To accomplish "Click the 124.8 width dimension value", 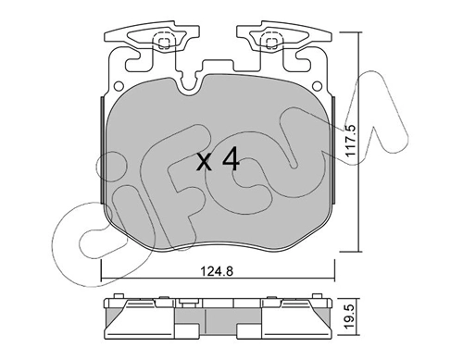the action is (x=217, y=272).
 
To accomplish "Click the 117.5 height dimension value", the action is (x=352, y=142).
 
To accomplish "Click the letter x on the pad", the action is (x=205, y=163).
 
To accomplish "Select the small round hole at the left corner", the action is (x=119, y=86).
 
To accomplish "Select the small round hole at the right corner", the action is (x=317, y=85).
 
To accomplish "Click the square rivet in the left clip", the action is (x=164, y=43).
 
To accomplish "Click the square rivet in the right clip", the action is (x=271, y=43).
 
